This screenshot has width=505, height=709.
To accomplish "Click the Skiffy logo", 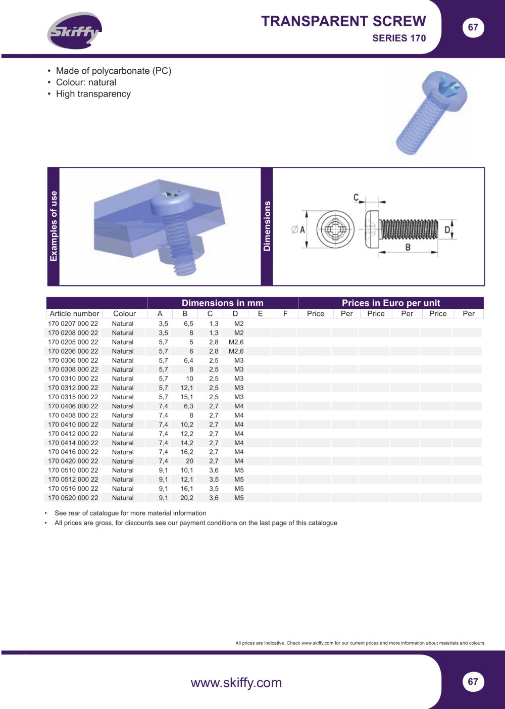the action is [x=74, y=30].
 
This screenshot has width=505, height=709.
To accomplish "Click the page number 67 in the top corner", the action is [x=473, y=27].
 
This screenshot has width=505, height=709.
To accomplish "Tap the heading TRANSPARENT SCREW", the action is [x=343, y=22].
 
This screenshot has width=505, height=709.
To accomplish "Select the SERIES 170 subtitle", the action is [x=399, y=38].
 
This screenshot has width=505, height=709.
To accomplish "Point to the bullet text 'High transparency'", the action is [x=93, y=94].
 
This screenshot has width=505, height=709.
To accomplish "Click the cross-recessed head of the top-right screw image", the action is [x=445, y=87].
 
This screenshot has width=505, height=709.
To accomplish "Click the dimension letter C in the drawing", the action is [x=356, y=198].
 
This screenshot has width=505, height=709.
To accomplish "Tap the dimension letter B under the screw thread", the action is [x=408, y=247].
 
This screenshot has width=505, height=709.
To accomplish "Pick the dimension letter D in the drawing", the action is [x=447, y=229].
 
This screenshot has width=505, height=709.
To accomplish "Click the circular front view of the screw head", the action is [x=335, y=229].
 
